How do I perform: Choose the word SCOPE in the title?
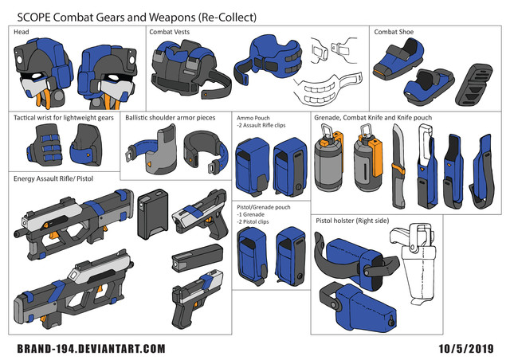(x=35, y=14)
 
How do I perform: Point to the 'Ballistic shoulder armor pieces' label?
(x=171, y=117)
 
